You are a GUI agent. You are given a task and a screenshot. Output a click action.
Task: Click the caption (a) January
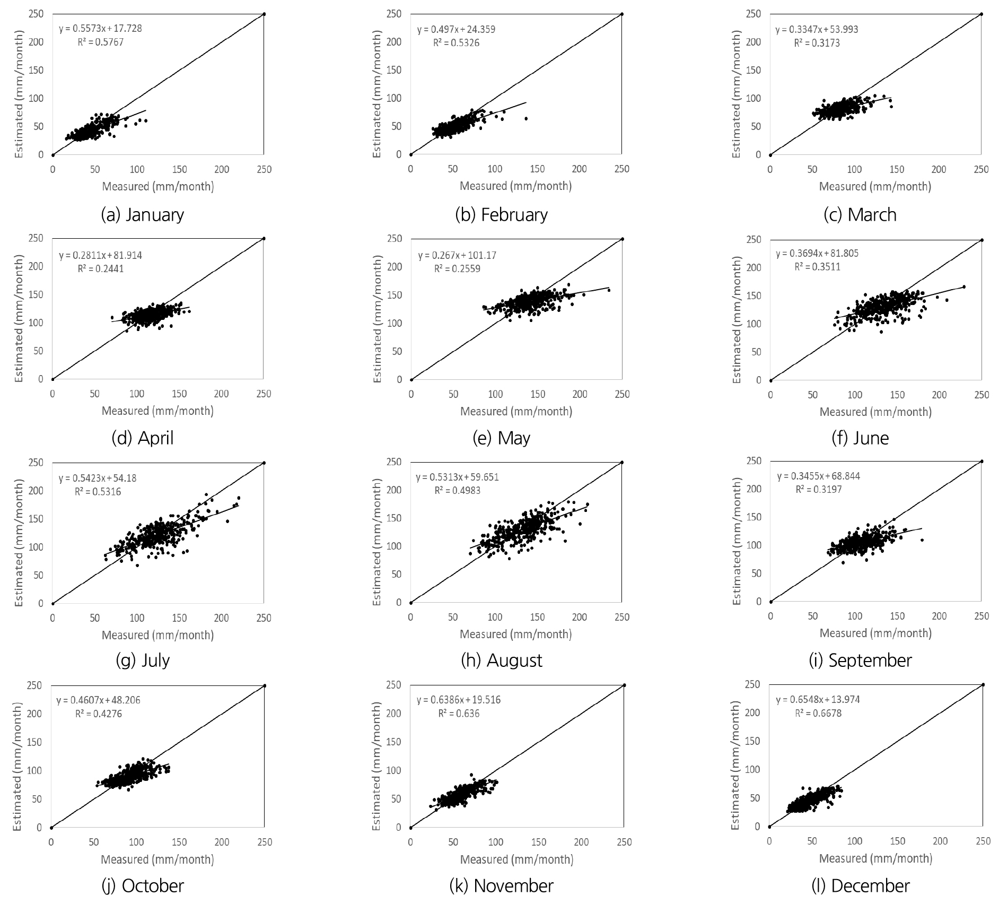142,215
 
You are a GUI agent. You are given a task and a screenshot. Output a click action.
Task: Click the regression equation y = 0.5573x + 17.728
100,29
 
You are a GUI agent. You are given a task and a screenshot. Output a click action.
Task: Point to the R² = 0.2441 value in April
100,268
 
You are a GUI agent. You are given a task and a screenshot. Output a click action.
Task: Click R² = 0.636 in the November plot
459,714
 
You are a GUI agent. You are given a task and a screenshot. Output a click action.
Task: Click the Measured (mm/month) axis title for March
875,186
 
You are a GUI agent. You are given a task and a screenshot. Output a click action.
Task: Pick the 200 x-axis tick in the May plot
580,394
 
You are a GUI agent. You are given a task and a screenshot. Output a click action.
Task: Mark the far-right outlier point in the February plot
526,118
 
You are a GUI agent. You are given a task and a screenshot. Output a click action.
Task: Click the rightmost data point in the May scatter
609,290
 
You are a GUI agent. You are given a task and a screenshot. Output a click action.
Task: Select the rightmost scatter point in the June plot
963,287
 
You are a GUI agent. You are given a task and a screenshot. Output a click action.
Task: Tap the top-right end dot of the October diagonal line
264,685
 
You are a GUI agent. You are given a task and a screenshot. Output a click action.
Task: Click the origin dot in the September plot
770,602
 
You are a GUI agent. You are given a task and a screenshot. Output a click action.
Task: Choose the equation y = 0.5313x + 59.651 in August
457,477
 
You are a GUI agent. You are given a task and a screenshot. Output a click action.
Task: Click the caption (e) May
501,438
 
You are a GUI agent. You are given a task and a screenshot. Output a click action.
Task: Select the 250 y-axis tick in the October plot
35,685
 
